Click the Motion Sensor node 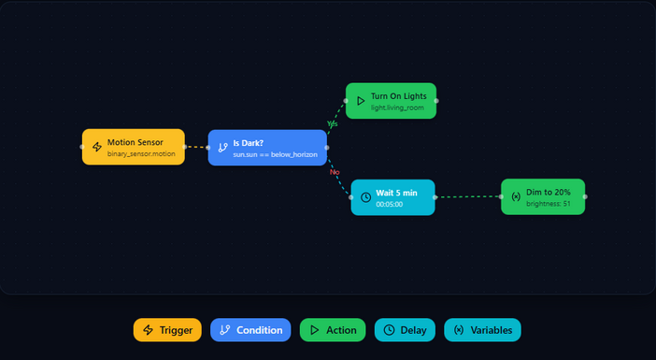click(x=134, y=147)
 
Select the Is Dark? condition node click(x=267, y=148)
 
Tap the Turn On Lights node click(x=391, y=101)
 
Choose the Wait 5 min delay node click(x=392, y=197)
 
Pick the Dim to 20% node click(x=543, y=197)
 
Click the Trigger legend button click(x=167, y=330)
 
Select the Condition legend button click(x=250, y=330)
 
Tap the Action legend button click(x=333, y=330)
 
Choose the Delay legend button click(x=405, y=330)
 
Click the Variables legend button click(x=482, y=330)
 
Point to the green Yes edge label click(x=333, y=123)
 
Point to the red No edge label click(x=334, y=172)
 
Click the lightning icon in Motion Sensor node click(x=97, y=147)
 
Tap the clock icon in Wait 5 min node click(x=365, y=197)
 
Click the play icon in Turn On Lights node click(x=361, y=100)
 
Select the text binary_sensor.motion click(x=141, y=153)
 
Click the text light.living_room click(x=397, y=108)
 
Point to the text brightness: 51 click(x=549, y=204)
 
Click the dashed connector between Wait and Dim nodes click(x=467, y=197)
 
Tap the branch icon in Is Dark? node click(x=222, y=148)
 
